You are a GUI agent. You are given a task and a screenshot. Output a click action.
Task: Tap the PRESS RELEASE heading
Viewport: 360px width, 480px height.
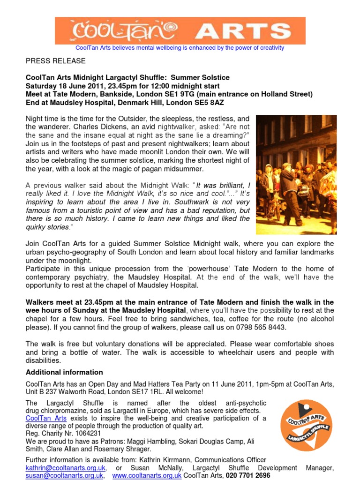[x=55, y=61]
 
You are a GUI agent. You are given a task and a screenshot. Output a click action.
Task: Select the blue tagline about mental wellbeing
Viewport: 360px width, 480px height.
[x=180, y=48]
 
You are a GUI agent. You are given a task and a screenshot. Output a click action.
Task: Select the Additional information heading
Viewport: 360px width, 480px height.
[x=64, y=372]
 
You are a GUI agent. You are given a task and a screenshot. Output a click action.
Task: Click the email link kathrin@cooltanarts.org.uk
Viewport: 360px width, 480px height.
[x=66, y=468]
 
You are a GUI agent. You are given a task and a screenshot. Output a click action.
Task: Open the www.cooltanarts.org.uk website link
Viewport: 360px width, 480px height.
[x=147, y=475]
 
